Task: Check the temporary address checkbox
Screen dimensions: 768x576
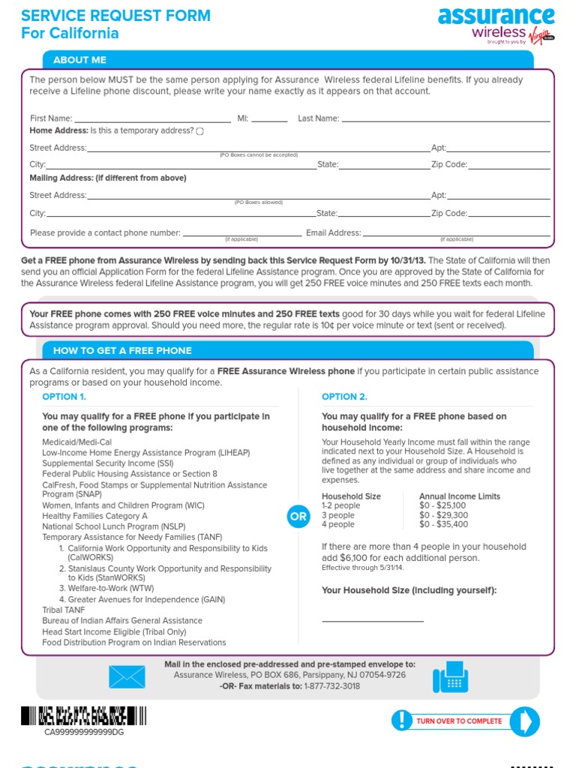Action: [199, 131]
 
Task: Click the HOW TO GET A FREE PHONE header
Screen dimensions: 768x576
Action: [122, 350]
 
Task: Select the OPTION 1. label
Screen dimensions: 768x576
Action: [64, 397]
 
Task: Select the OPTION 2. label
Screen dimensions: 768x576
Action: [344, 397]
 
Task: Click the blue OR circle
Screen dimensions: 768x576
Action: [298, 517]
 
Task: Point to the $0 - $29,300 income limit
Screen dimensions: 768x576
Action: [443, 515]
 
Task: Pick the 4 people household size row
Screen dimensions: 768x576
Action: [338, 524]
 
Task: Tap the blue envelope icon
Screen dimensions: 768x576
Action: [127, 676]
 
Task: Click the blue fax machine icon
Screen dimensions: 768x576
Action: [451, 677]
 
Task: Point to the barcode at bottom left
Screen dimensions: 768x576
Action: [83, 715]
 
